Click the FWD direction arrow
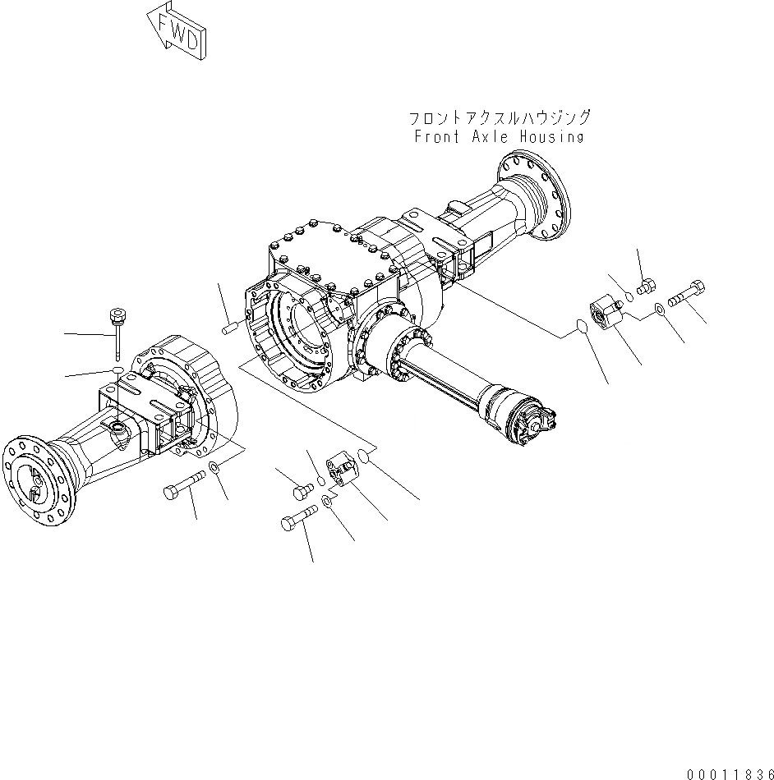175,31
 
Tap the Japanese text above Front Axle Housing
499,118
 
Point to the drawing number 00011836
730,773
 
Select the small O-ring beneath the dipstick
118,372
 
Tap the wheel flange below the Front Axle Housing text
533,196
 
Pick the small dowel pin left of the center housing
229,328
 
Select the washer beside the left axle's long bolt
214,468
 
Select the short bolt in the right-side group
646,287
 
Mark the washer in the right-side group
660,310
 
